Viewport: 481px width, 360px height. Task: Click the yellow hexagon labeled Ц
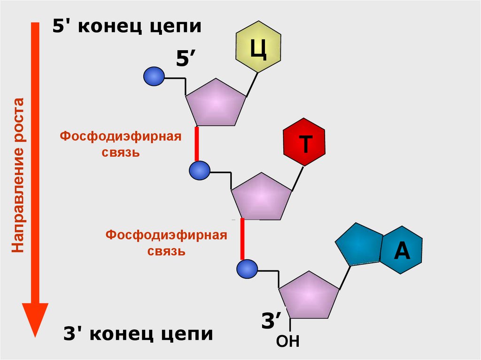[x=258, y=46]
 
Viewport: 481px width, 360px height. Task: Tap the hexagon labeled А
[x=402, y=250]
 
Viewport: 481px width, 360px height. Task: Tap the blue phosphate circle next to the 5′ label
[x=154, y=77]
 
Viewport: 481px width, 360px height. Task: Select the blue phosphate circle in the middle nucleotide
[x=200, y=170]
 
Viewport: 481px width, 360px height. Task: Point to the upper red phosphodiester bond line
[x=197, y=144]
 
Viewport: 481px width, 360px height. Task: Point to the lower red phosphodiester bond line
[x=242, y=239]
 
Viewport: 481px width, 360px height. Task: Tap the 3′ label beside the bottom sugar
[x=271, y=322]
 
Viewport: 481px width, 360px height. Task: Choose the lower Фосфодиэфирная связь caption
[x=166, y=242]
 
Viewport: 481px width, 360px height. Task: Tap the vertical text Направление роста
[x=18, y=176]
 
